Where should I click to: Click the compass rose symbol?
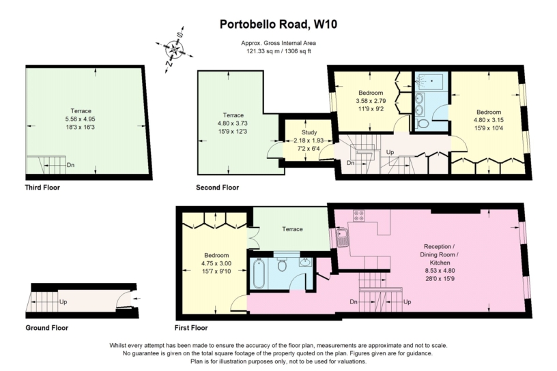point(175,49)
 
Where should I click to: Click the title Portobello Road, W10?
point(278,24)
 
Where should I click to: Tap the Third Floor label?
point(42,188)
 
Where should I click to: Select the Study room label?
point(309,132)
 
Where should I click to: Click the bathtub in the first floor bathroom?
point(258,273)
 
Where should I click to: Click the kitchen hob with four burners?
point(359,216)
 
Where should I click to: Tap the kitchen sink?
point(343,237)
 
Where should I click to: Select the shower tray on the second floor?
point(429,82)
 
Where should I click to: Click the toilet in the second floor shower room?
point(422,123)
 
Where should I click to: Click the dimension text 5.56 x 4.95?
point(81,119)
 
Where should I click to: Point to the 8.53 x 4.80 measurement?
point(440,271)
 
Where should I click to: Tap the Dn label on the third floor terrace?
point(70,165)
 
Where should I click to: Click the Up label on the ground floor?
point(63,301)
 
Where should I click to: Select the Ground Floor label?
point(47,327)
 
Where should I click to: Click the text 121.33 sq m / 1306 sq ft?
point(278,51)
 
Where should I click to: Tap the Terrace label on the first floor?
point(292,229)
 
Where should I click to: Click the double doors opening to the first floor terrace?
point(253,238)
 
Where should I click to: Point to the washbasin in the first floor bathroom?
point(305,263)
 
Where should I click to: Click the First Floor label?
point(191,327)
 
